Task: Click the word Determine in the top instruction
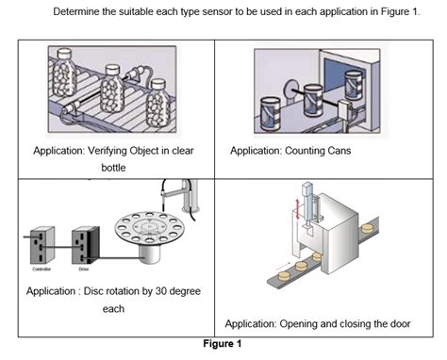point(80,11)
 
